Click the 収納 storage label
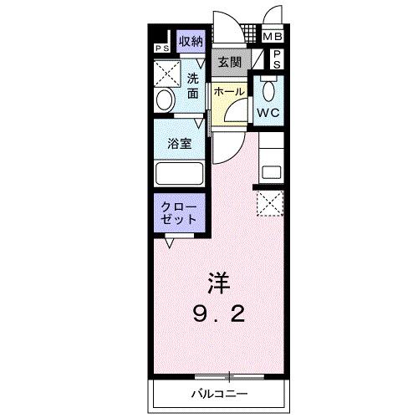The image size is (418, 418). (190, 41)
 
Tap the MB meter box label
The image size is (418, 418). (273, 38)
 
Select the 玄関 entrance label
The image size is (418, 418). (230, 61)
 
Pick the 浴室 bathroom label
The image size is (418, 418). (180, 143)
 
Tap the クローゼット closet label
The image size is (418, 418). (179, 212)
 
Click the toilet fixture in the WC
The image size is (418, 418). (268, 89)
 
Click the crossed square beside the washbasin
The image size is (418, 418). (166, 73)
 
